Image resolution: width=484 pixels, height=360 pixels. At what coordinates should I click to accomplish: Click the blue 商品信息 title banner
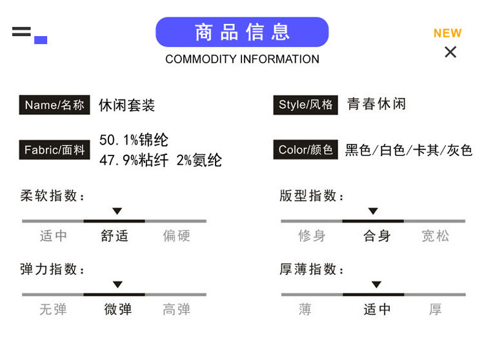pos(242,32)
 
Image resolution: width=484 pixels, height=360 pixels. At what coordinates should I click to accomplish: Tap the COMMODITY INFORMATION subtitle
pos(242,59)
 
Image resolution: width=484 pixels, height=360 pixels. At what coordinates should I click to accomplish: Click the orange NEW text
pos(447,33)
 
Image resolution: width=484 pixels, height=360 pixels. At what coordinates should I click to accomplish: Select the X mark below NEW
pos(450,52)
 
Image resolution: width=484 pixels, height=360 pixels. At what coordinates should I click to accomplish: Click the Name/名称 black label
pos(54,105)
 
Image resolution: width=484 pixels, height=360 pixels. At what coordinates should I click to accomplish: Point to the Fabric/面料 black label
pos(54,150)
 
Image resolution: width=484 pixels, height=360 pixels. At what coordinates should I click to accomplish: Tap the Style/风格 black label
pos(305,105)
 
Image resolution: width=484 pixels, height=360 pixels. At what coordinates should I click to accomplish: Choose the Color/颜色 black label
pos(305,150)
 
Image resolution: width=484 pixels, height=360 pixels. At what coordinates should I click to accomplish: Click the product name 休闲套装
pos(127,105)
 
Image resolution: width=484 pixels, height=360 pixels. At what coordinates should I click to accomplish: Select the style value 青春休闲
pos(376,104)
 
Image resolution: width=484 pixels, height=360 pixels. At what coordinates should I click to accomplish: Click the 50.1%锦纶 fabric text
pos(134,140)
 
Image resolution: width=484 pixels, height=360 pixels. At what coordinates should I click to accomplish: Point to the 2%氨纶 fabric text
pos(199,161)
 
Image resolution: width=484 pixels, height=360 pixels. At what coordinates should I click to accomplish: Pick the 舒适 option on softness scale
pos(114,236)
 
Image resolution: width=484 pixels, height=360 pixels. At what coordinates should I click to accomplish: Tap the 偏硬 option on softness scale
pos(176,236)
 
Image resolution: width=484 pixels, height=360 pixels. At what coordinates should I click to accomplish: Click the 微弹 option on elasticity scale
pos(117,310)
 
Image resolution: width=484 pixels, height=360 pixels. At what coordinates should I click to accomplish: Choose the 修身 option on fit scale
pos(312,236)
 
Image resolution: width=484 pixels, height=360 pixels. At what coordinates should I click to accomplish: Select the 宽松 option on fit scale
pos(435,236)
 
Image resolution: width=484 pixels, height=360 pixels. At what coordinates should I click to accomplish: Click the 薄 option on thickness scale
pos(305,310)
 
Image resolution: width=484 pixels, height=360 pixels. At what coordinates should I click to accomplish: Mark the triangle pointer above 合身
pos(373,211)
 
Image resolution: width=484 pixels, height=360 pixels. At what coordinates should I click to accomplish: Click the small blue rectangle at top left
pos(41,40)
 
